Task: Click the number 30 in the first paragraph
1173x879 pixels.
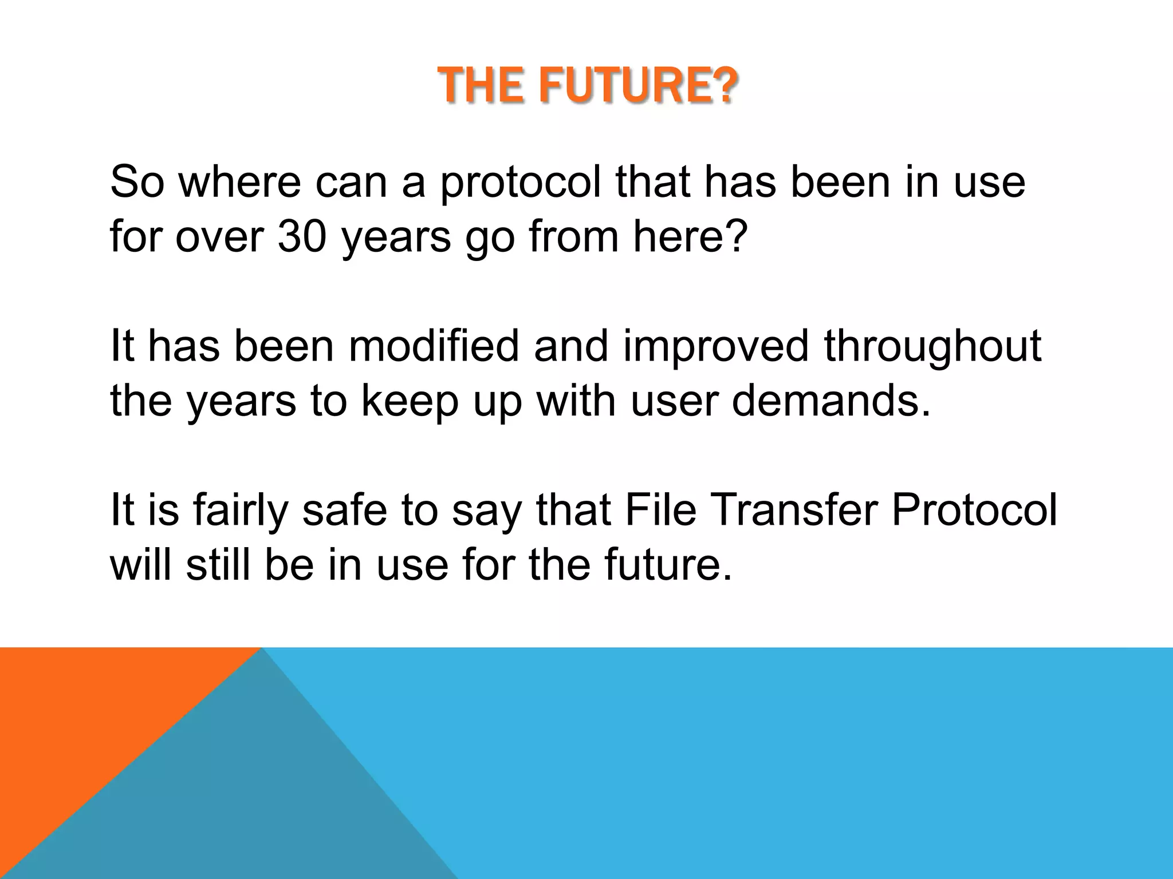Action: [x=302, y=236]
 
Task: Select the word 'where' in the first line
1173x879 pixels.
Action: [x=239, y=182]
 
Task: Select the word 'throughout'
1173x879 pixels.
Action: [x=932, y=346]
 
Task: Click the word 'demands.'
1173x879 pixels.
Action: [x=832, y=401]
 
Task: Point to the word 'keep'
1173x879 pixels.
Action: [x=410, y=401]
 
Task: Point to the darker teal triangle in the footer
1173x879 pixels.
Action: [x=258, y=801]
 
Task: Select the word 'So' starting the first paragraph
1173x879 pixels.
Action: [x=136, y=182]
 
